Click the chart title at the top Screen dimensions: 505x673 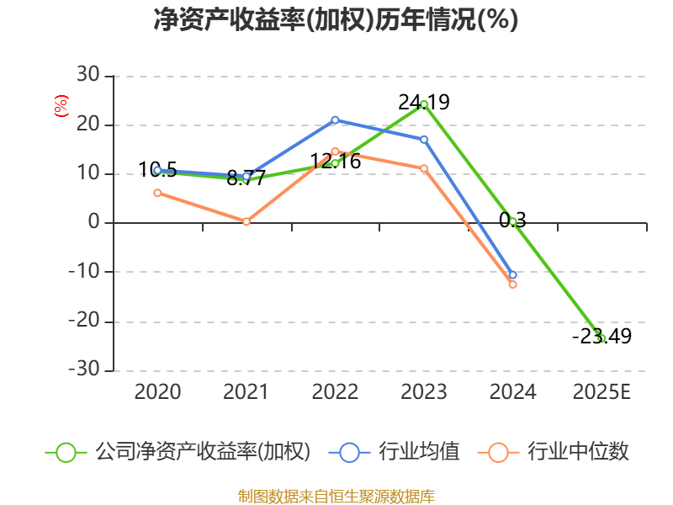336,20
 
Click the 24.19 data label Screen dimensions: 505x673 424,103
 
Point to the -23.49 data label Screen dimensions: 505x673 601,337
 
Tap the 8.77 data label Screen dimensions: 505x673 246,178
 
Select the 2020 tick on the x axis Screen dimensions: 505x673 157,391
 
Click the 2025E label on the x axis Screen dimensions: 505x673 601,391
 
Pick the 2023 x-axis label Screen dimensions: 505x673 424,391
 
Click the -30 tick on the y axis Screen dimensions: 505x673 84,370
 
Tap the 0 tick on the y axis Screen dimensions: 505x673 95,223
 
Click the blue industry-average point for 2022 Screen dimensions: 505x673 335,120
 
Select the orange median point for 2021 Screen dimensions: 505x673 246,221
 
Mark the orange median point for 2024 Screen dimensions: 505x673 512,284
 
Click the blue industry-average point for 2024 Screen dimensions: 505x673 512,274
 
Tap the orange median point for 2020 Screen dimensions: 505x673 157,193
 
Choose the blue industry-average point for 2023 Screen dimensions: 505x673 424,139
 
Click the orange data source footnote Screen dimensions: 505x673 336,496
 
